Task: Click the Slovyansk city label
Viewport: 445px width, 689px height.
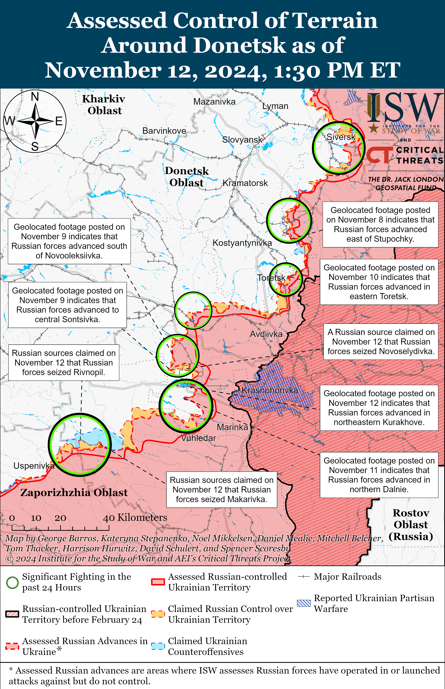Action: (x=242, y=140)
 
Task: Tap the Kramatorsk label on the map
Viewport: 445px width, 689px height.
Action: (x=245, y=183)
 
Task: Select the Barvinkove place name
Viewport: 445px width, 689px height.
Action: (x=164, y=131)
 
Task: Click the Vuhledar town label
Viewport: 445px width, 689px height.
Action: (x=199, y=438)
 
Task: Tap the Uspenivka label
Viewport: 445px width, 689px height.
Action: (x=34, y=465)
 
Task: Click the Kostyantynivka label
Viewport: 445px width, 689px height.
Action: (x=242, y=243)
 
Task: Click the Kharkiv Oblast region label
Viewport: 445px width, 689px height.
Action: (x=104, y=105)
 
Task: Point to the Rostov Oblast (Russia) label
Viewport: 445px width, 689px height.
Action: (x=411, y=525)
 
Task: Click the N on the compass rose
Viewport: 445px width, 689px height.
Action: (x=35, y=97)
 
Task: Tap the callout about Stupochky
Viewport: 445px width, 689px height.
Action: (x=380, y=224)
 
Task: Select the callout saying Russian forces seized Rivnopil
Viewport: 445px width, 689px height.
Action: (x=64, y=363)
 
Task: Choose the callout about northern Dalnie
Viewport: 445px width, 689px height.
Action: (x=379, y=475)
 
